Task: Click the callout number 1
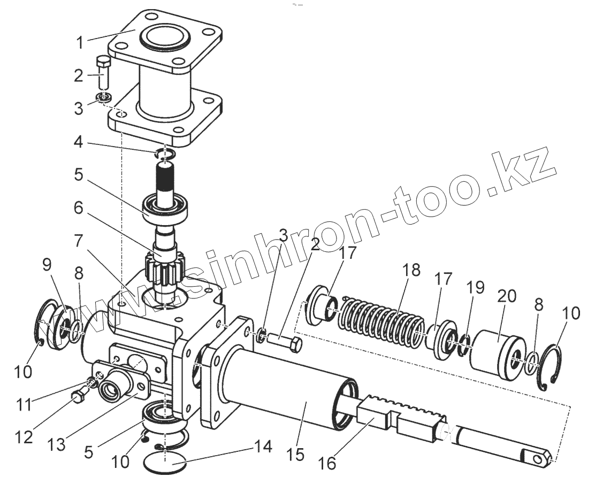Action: [80, 42]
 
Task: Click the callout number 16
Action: [329, 463]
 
